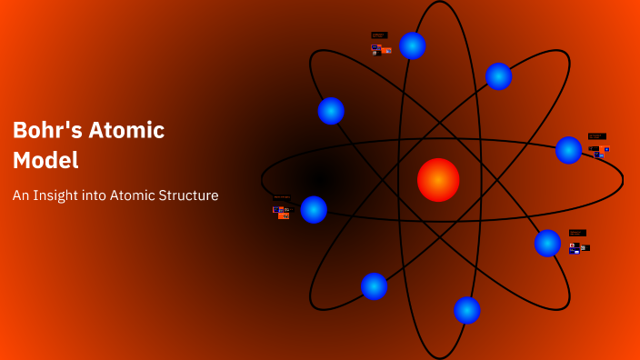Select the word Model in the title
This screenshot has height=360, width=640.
pyautogui.click(x=45, y=160)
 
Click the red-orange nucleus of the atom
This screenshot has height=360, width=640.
pyautogui.click(x=438, y=180)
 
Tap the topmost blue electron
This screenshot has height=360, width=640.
pyautogui.click(x=413, y=45)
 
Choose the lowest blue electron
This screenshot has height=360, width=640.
pyautogui.click(x=467, y=310)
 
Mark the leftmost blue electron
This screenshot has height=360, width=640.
pyautogui.click(x=314, y=209)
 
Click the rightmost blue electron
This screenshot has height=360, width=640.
pyautogui.click(x=568, y=150)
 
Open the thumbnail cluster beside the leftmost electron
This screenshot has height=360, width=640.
pyautogui.click(x=282, y=208)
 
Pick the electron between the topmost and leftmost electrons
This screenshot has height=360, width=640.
pyautogui.click(x=331, y=111)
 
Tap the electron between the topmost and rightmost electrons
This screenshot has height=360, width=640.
pyautogui.click(x=498, y=76)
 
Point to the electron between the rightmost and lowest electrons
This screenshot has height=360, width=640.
pyautogui.click(x=547, y=243)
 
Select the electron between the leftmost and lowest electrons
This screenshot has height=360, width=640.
pyautogui.click(x=374, y=285)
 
